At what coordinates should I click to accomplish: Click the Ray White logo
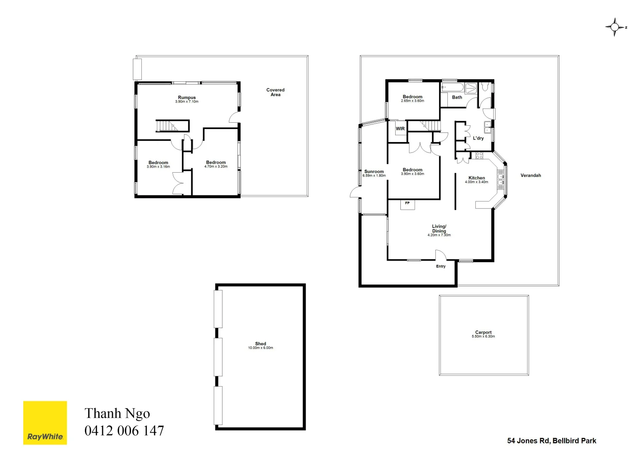[45, 423]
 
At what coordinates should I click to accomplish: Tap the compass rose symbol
[615, 27]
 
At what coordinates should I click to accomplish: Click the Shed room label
[260, 344]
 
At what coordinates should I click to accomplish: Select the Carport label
[483, 332]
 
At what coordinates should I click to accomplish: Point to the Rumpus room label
[187, 98]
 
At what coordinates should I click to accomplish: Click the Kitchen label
[477, 178]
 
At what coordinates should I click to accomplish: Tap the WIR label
[400, 129]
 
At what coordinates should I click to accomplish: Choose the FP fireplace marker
[407, 203]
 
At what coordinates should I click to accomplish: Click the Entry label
[440, 267]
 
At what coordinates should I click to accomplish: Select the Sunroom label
[374, 171]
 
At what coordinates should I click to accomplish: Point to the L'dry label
[478, 138]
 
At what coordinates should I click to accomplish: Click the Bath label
[457, 97]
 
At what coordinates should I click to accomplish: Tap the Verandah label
[531, 175]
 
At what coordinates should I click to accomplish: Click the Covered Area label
[275, 92]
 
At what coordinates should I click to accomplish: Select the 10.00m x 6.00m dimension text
[260, 348]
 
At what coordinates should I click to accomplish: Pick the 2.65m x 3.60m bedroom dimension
[412, 101]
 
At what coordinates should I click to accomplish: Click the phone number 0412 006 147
[124, 431]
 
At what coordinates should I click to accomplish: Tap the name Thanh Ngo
[117, 413]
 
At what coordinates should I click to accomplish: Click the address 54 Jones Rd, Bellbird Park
[552, 440]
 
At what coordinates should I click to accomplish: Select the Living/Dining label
[439, 229]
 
